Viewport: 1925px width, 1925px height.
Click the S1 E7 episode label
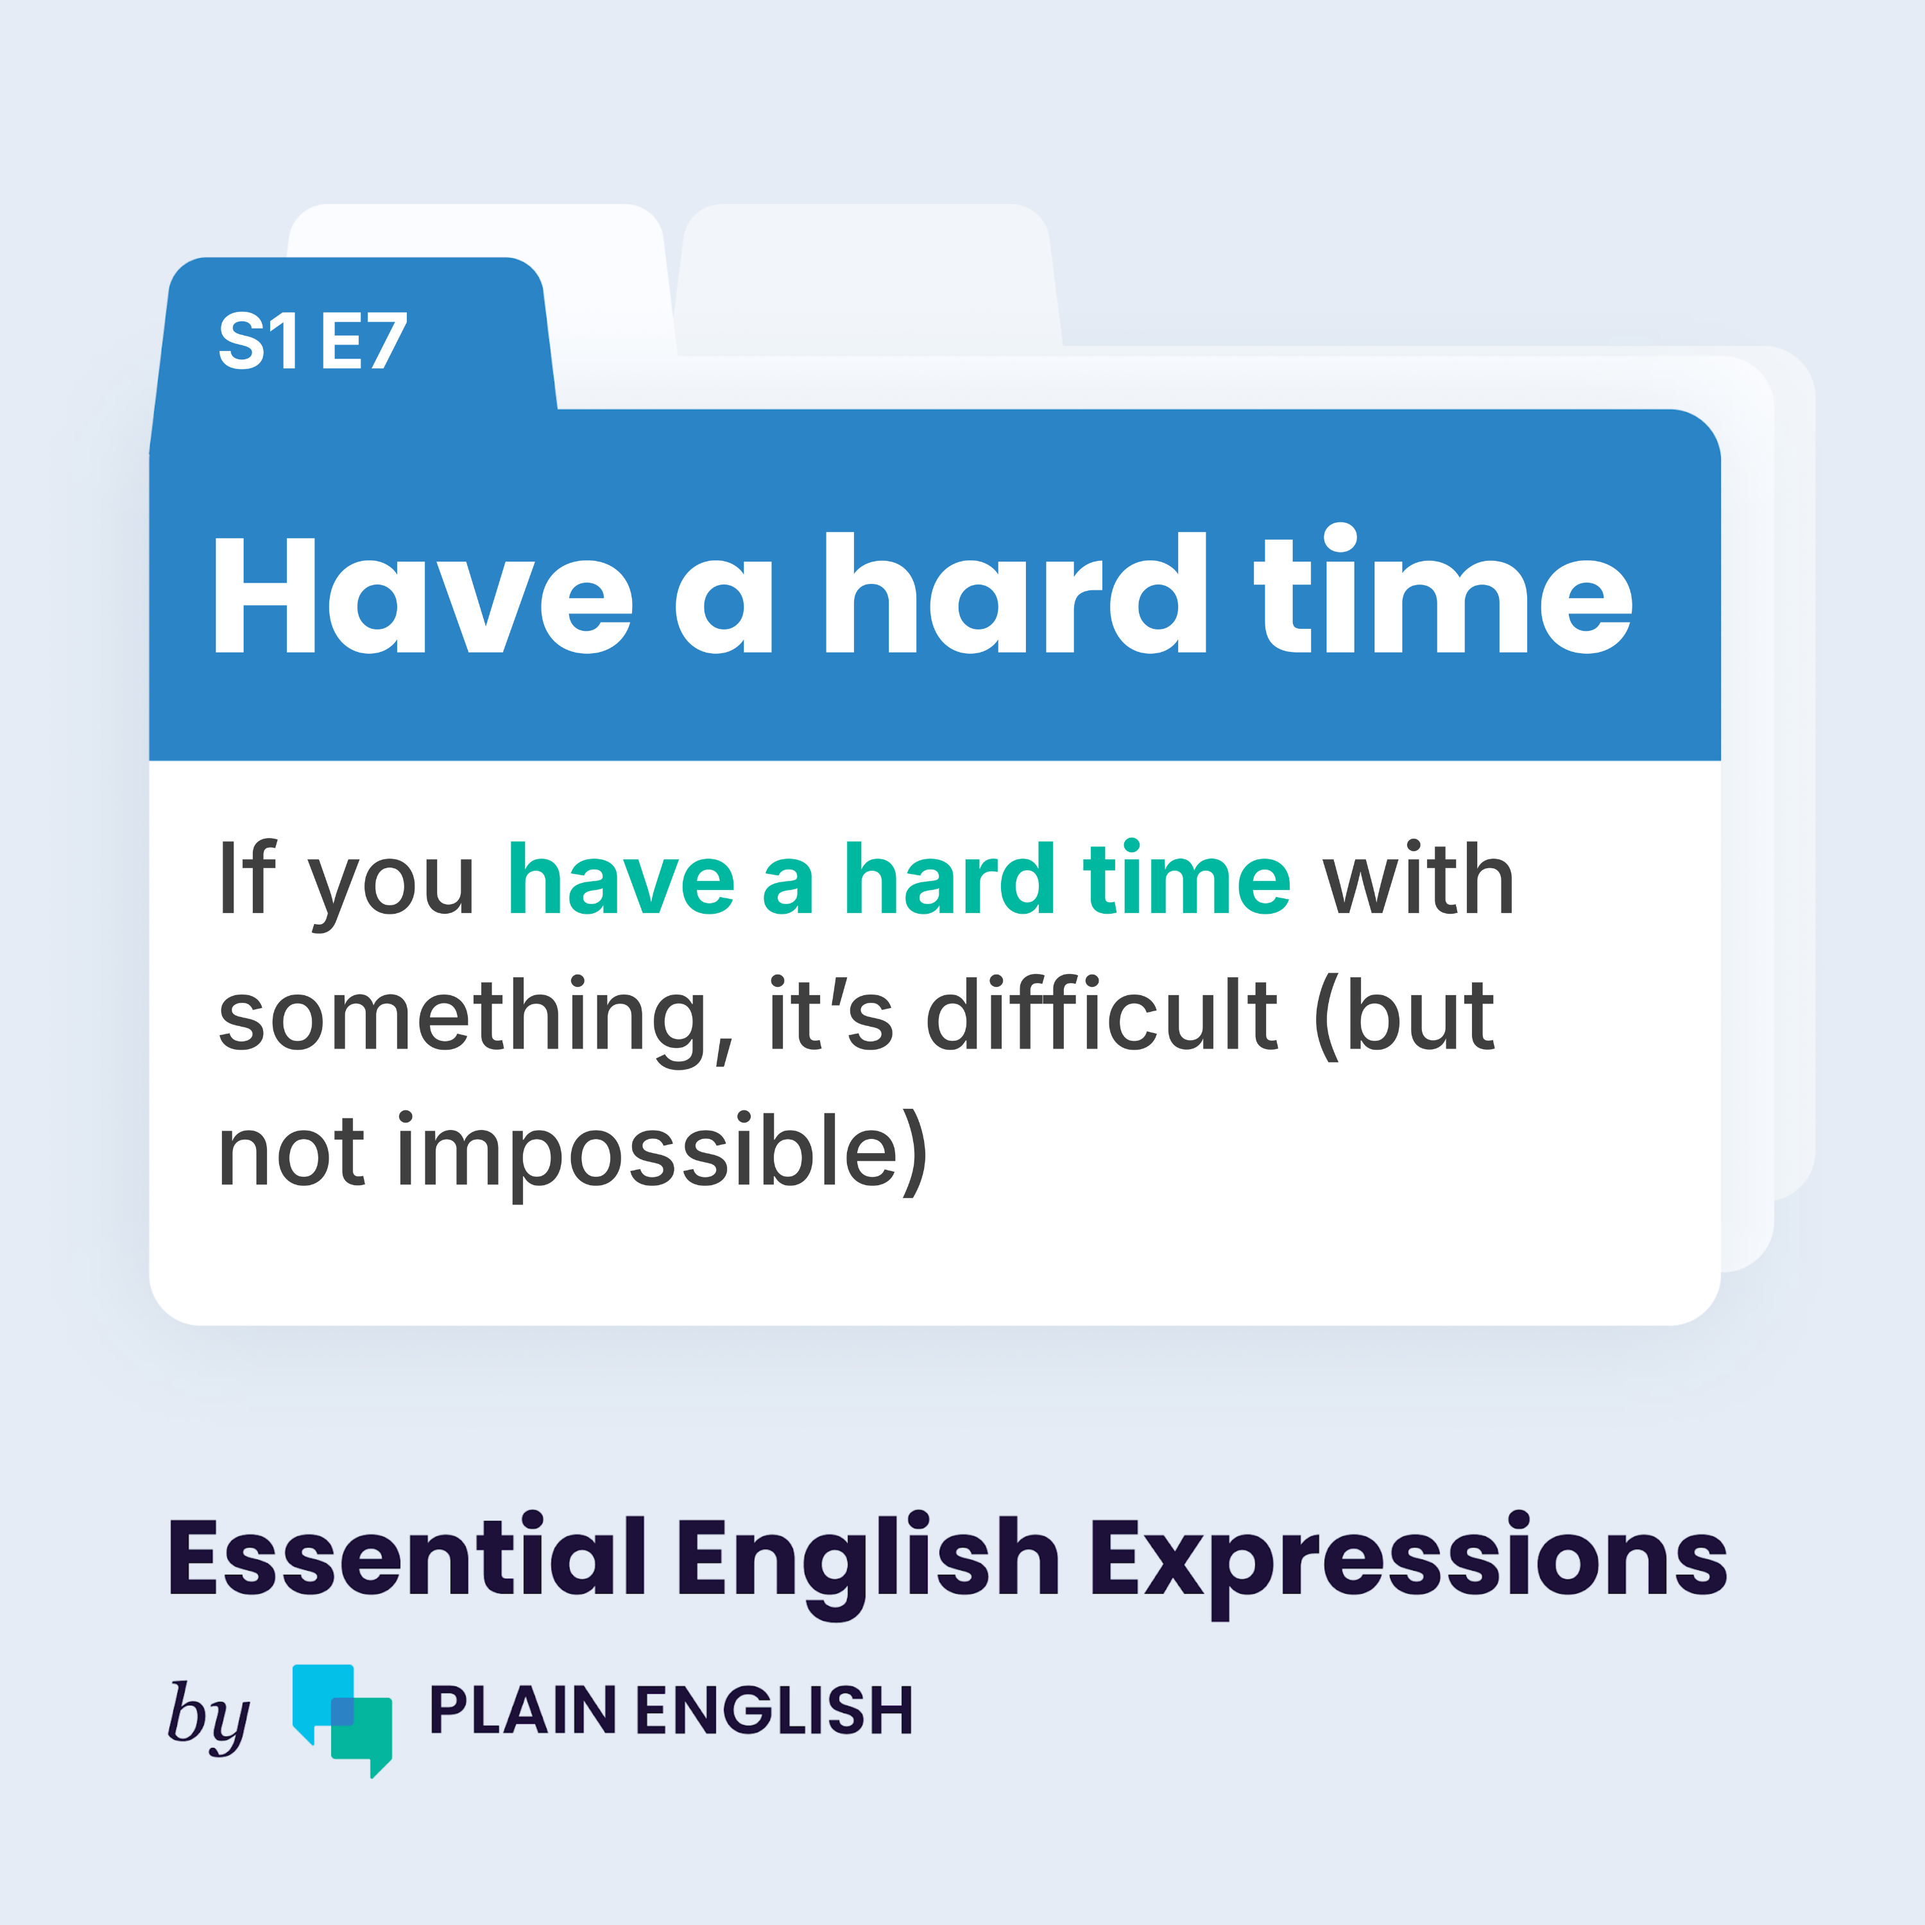[313, 341]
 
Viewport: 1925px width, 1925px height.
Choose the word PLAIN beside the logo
[523, 1711]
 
